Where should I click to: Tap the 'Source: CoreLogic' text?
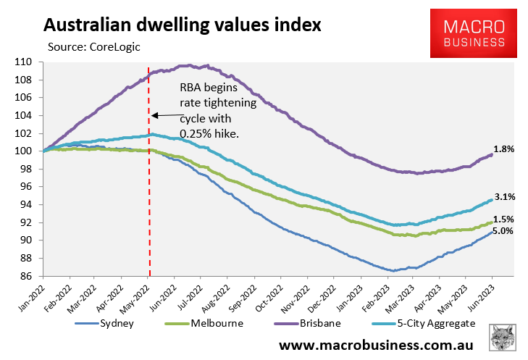point(93,47)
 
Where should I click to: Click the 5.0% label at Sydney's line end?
point(504,231)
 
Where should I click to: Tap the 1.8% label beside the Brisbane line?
point(504,149)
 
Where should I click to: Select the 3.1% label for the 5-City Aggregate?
point(504,196)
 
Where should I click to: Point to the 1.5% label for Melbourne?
point(504,219)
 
